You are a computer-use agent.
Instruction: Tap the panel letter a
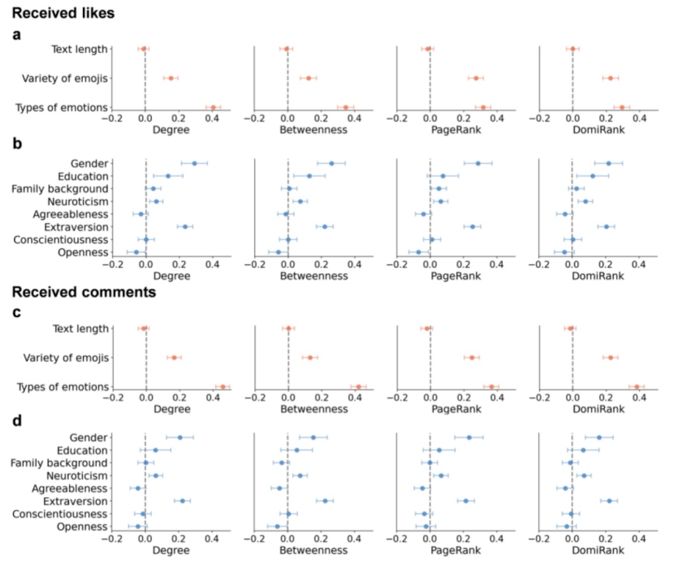[18, 35]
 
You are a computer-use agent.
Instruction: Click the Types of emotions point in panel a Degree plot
[213, 108]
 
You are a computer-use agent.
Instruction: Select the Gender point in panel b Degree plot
[194, 163]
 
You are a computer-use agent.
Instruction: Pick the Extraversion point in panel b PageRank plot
[473, 227]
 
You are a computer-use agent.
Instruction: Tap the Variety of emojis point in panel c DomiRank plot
[610, 358]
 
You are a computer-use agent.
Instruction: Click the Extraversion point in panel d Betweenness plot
[325, 501]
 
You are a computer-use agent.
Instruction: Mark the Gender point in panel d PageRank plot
[469, 437]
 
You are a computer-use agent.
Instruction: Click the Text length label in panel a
[80, 48]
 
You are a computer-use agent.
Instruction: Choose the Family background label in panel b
[59, 189]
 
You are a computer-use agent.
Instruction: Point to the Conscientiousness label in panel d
[60, 514]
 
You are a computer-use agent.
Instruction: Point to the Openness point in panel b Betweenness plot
[278, 252]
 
